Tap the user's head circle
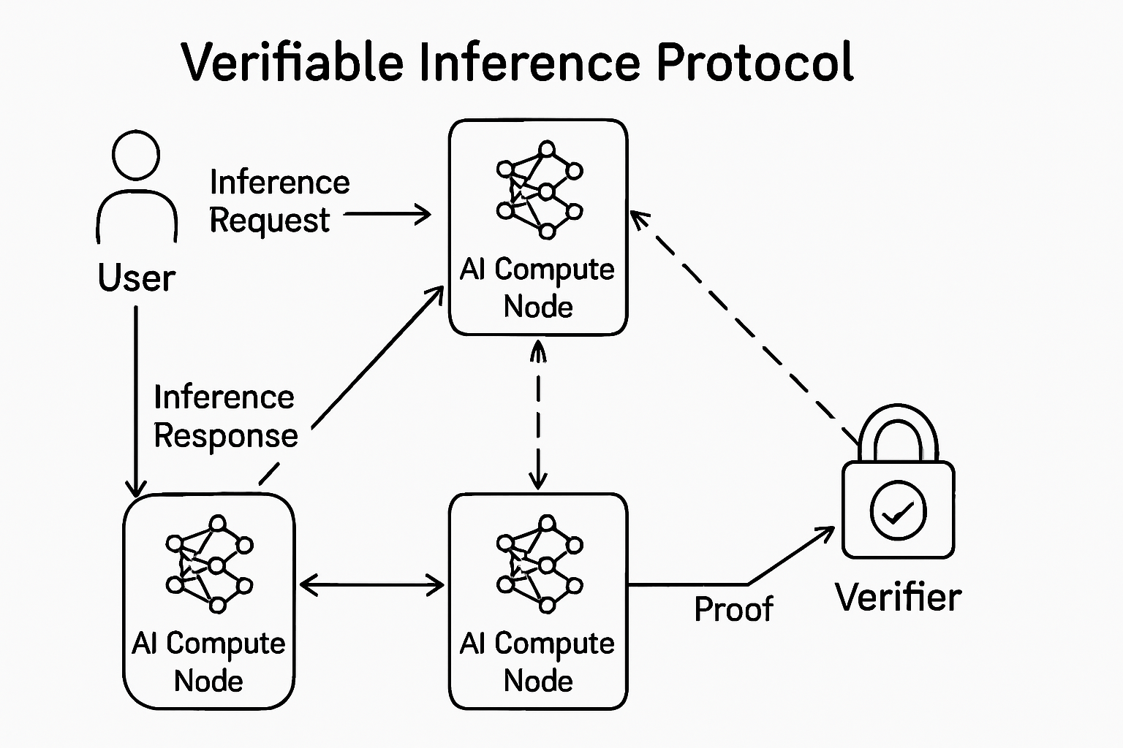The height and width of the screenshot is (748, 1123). (136, 155)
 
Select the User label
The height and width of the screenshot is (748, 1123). (137, 278)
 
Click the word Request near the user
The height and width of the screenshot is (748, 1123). (269, 220)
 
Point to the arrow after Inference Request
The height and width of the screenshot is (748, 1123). (387, 214)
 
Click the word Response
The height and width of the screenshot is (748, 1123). (226, 436)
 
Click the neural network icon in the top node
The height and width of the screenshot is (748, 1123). (540, 190)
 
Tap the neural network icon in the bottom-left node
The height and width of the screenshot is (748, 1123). (209, 564)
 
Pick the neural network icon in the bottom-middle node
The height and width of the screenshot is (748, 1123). (540, 564)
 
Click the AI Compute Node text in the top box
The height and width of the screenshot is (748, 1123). (538, 288)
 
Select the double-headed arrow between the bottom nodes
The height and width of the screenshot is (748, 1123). (371, 585)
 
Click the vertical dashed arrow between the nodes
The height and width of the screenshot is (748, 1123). (538, 415)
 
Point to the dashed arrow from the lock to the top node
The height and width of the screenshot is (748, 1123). (746, 326)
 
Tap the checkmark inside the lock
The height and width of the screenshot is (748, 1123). (898, 512)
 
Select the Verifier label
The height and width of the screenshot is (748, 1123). (898, 598)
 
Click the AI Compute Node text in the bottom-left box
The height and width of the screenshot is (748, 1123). (209, 662)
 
